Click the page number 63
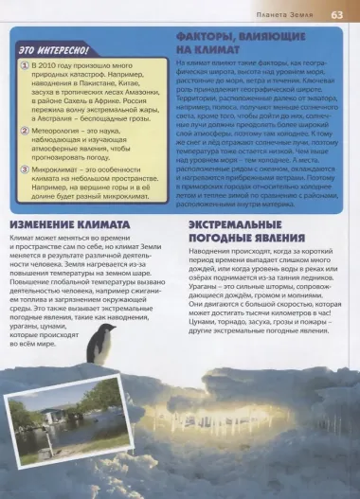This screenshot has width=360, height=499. (337, 16)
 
